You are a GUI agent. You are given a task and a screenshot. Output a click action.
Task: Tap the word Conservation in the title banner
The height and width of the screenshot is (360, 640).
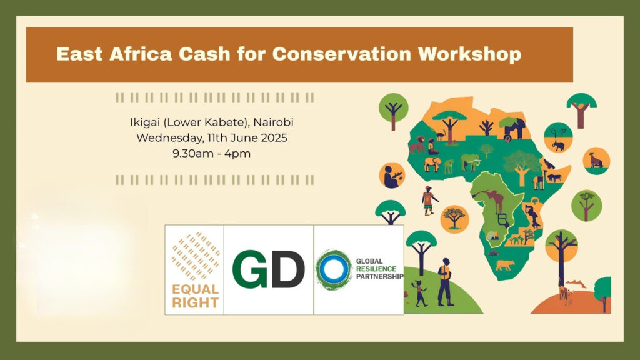point(342,54)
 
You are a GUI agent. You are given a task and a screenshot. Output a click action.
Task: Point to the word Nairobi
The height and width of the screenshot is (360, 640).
point(274,122)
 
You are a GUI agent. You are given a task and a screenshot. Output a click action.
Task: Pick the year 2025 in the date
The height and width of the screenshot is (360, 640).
point(274,137)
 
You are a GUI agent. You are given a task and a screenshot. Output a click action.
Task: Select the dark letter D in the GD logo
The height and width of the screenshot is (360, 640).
point(287,269)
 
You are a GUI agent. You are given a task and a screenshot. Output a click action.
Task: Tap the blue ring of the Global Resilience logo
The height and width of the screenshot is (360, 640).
point(334,269)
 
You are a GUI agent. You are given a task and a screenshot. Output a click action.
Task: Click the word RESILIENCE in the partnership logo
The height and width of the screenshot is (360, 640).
point(376,269)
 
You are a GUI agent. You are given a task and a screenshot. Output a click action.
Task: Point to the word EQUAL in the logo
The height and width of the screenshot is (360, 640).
point(195,289)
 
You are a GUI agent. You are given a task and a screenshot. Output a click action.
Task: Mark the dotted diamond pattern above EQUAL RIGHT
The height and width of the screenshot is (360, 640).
point(196,256)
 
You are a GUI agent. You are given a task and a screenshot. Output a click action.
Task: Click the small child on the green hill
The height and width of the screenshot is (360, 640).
point(419,293)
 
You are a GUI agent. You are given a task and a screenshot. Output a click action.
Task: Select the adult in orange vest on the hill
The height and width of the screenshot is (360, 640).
point(445,282)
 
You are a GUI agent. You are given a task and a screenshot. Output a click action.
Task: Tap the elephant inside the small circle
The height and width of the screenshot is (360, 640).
point(558,145)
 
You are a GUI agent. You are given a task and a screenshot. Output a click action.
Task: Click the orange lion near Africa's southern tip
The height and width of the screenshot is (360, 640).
point(505,265)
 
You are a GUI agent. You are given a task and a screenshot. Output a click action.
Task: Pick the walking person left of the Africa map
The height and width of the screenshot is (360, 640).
point(429,201)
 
